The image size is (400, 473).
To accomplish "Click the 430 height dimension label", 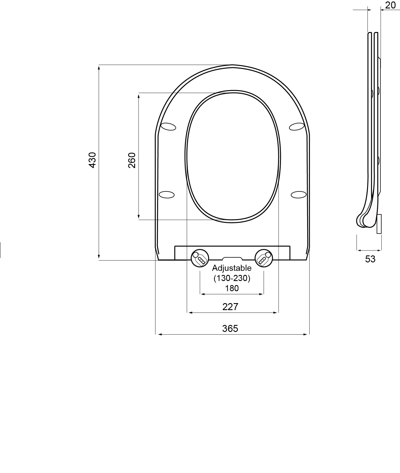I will pyautogui.click(x=92, y=160).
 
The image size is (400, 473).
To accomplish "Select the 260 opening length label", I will pyautogui.click(x=132, y=160).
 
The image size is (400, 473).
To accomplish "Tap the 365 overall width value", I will pyautogui.click(x=230, y=328).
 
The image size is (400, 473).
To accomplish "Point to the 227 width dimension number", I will pyautogui.click(x=230, y=307).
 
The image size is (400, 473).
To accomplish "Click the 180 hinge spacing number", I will pyautogui.click(x=232, y=288).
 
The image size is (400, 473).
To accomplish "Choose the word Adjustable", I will pyautogui.click(x=232, y=268).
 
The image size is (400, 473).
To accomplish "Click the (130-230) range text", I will pyautogui.click(x=232, y=278).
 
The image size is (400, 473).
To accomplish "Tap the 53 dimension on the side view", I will pyautogui.click(x=370, y=259).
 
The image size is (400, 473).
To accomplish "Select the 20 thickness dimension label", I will pyautogui.click(x=390, y=5).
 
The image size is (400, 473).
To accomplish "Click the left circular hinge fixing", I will pyautogui.click(x=200, y=257).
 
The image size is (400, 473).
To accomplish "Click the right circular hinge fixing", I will pyautogui.click(x=264, y=257).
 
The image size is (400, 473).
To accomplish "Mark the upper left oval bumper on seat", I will pyautogui.click(x=169, y=127).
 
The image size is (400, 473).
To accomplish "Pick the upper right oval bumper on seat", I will pyautogui.click(x=297, y=127).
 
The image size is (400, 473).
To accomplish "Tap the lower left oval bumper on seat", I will pyautogui.click(x=167, y=194).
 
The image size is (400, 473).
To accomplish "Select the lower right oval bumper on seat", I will pyautogui.click(x=299, y=194).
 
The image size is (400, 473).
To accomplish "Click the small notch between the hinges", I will pyautogui.click(x=232, y=258).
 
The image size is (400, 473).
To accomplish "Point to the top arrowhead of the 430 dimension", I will pyautogui.click(x=99, y=67).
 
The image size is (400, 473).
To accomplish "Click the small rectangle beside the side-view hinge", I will pyautogui.click(x=379, y=224).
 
